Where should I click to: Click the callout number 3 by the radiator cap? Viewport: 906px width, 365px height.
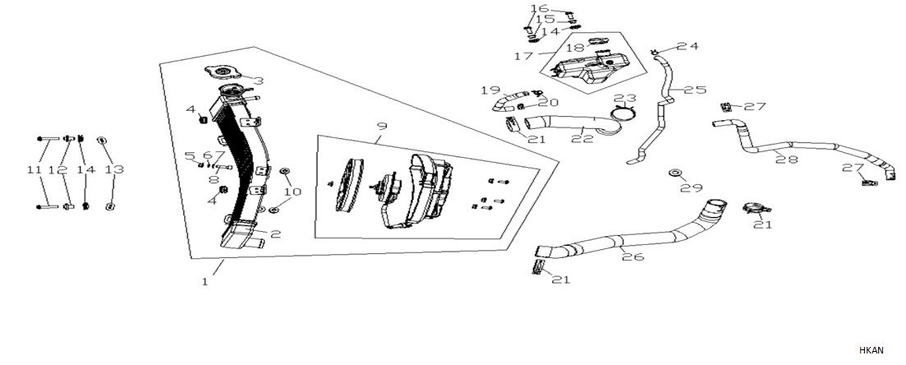tap(258, 81)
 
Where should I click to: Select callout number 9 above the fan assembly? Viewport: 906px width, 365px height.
tap(381, 126)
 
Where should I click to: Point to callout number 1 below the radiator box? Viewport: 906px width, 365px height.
tap(205, 281)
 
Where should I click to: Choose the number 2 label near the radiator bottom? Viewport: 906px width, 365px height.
tap(276, 234)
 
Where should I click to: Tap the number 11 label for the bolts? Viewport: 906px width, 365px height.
tap(34, 170)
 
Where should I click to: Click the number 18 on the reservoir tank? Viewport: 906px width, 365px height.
tap(575, 49)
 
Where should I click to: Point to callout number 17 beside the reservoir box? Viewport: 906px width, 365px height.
tap(523, 57)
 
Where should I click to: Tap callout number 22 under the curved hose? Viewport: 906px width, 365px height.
tap(583, 140)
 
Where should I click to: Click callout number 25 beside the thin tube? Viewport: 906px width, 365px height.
tap(695, 90)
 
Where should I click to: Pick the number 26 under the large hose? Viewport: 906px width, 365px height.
tap(633, 257)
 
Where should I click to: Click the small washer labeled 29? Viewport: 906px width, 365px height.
tap(674, 173)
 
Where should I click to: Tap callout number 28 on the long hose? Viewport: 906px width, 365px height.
tap(787, 159)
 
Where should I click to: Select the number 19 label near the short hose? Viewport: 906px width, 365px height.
tap(490, 90)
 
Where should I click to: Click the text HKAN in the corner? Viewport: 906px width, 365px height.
tap(872, 350)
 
